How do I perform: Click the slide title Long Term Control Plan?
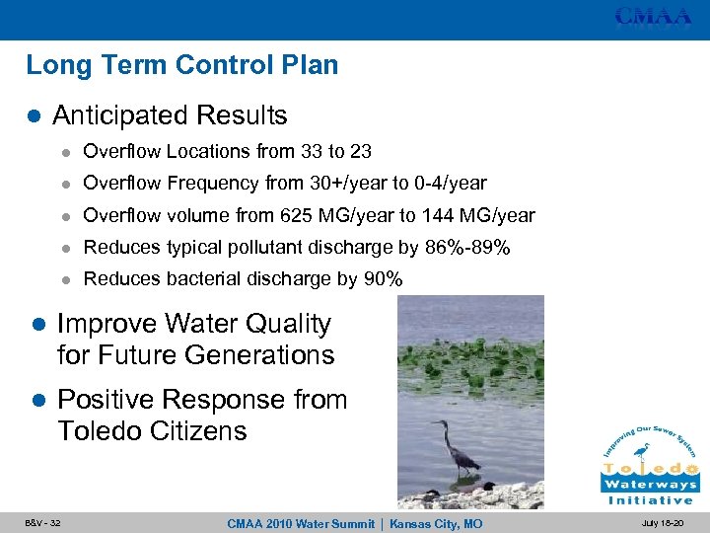pyautogui.click(x=182, y=65)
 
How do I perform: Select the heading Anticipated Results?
pyautogui.click(x=170, y=115)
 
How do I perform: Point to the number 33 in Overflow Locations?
pyautogui.click(x=314, y=151)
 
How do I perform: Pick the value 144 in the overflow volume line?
pyautogui.click(x=434, y=215)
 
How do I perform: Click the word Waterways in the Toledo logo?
pyautogui.click(x=650, y=484)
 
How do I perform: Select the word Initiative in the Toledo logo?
pyautogui.click(x=650, y=499)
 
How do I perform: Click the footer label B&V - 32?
pyautogui.click(x=43, y=522)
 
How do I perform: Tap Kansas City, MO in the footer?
pyautogui.click(x=437, y=522)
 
